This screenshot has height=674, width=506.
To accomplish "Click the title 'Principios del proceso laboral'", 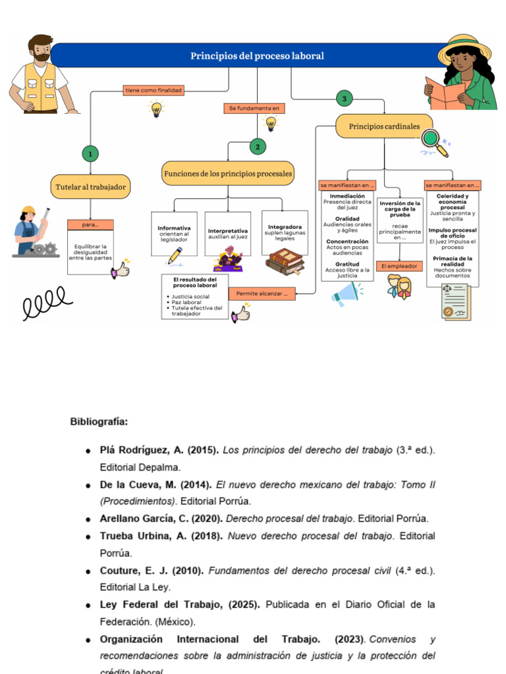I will (x=257, y=56).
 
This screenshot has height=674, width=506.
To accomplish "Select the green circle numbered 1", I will (x=90, y=154).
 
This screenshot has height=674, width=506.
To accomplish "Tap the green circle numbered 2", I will (x=258, y=147).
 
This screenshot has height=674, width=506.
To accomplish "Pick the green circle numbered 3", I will (x=343, y=99).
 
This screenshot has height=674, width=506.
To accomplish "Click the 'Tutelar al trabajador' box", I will (x=90, y=187).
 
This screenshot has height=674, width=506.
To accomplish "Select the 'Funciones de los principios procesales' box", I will (x=228, y=174).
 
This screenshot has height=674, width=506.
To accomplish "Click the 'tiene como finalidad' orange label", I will (x=154, y=90).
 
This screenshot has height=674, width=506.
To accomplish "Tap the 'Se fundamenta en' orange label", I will (x=254, y=108).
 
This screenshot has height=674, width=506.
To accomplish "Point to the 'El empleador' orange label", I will (x=400, y=267).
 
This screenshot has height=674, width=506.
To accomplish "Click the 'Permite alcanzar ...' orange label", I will (x=262, y=294).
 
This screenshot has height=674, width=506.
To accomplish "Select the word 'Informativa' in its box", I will (x=174, y=228).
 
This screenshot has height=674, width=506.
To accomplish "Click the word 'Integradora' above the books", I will (x=285, y=227).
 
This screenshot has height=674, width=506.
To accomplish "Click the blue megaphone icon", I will (x=347, y=294).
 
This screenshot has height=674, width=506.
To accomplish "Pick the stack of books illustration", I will (x=285, y=262).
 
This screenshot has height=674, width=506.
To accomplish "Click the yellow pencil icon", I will (x=175, y=256).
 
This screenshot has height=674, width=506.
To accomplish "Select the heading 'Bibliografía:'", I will (x=99, y=421).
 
